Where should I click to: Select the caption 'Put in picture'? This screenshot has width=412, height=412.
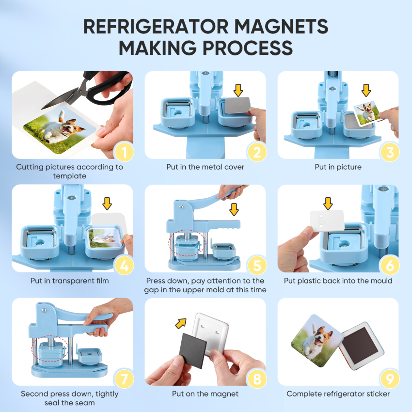(x=338, y=167)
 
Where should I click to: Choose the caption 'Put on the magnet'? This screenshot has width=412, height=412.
(x=205, y=394)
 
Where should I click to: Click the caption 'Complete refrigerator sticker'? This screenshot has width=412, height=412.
(x=338, y=394)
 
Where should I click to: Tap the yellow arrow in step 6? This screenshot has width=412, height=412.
(x=328, y=203)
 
